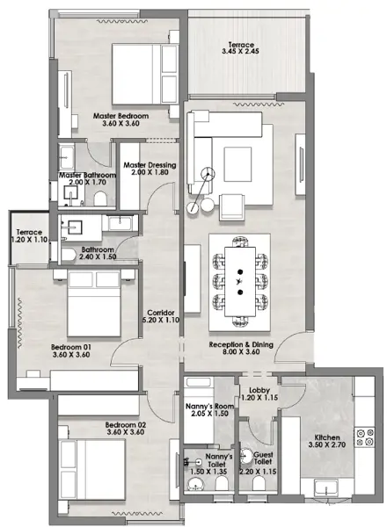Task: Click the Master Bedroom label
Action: [x=120, y=116]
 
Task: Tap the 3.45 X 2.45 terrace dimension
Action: [x=240, y=52]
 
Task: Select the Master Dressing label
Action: [x=150, y=165]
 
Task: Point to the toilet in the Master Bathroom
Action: [x=100, y=199]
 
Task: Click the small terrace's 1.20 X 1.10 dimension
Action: [x=29, y=240]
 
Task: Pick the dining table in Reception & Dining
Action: [x=240, y=282]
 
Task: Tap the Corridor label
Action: [x=161, y=313]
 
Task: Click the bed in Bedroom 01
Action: [x=94, y=303]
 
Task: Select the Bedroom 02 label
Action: [x=126, y=425]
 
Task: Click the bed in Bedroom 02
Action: [x=91, y=470]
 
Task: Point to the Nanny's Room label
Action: [x=209, y=407]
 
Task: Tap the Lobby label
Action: [x=259, y=390]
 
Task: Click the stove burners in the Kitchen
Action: [x=365, y=437]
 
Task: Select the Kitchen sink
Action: [x=325, y=487]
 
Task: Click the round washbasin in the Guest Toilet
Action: [x=246, y=457]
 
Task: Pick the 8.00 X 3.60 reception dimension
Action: [x=241, y=352]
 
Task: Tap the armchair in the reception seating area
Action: [x=231, y=206]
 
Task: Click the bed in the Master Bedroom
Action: [x=145, y=74]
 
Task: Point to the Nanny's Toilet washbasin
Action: [x=195, y=485]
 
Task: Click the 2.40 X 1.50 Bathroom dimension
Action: [x=98, y=256]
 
